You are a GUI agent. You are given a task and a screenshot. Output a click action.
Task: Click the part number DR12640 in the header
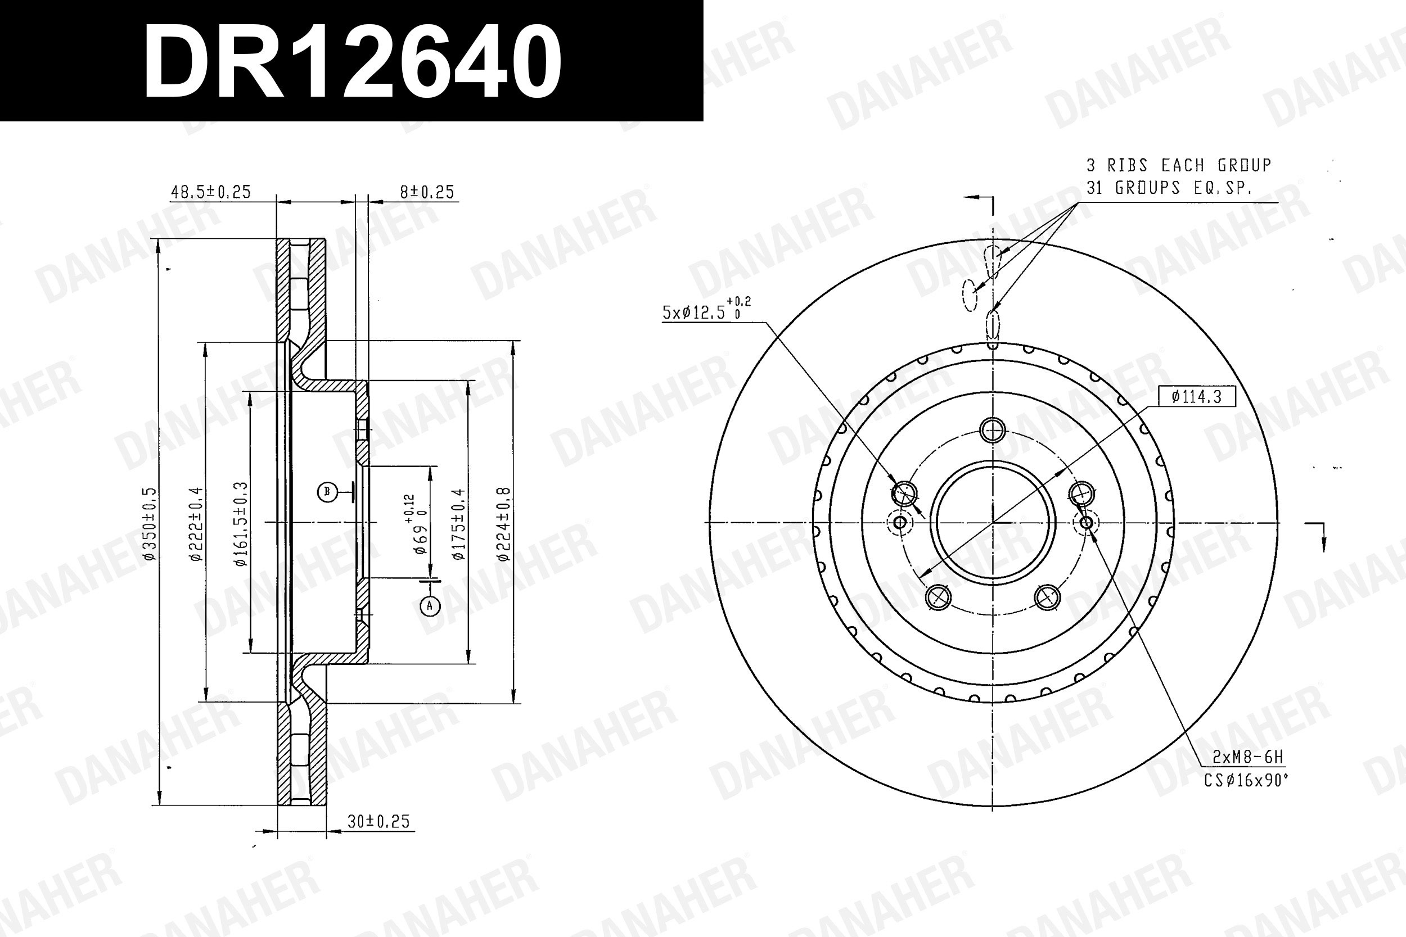pyautogui.click(x=352, y=62)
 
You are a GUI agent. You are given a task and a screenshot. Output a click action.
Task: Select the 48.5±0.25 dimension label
pyautogui.click(x=211, y=192)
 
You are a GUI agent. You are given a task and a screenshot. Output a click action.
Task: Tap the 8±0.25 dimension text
pyautogui.click(x=427, y=192)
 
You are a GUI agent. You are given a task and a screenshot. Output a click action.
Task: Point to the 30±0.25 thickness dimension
pyautogui.click(x=378, y=821)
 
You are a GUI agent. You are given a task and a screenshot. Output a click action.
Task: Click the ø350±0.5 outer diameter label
pyautogui.click(x=150, y=523)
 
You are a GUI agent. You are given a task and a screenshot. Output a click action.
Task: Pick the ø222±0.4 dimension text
pyautogui.click(x=196, y=523)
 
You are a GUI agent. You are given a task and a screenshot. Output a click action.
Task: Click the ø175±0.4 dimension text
pyautogui.click(x=458, y=523)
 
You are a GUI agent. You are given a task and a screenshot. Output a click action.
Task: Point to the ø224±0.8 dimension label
pyautogui.click(x=504, y=523)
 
